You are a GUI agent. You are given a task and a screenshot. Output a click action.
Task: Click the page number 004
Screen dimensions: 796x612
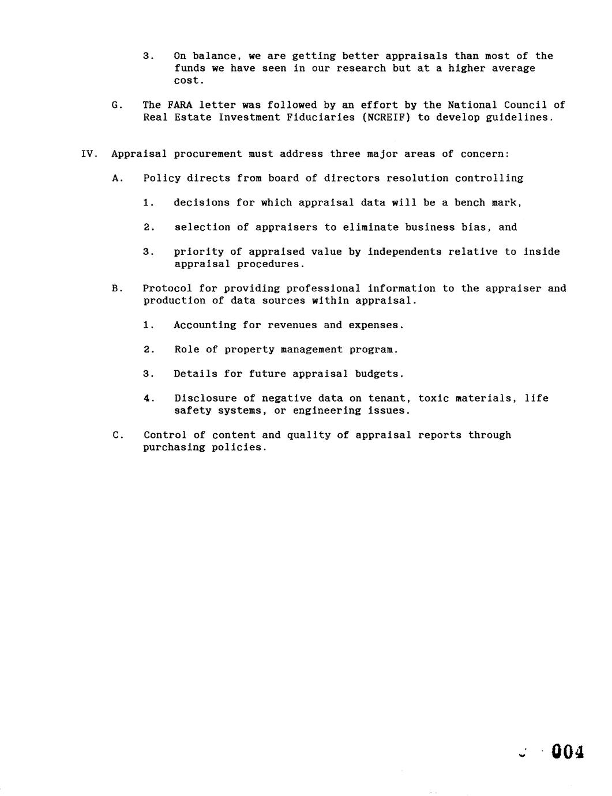[568, 752]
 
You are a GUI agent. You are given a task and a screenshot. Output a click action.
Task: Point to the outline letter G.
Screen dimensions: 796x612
[115, 105]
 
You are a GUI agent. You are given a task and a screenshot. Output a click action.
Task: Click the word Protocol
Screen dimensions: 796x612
[168, 288]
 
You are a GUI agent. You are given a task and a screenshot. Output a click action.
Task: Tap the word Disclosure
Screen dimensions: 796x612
[205, 399]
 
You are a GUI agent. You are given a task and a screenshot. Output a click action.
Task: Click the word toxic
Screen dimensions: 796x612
[433, 399]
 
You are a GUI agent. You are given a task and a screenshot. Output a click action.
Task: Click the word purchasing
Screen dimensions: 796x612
[174, 448]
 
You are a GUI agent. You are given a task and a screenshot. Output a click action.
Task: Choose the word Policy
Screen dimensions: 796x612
[162, 178]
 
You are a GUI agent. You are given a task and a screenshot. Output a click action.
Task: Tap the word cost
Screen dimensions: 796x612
[188, 81]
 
